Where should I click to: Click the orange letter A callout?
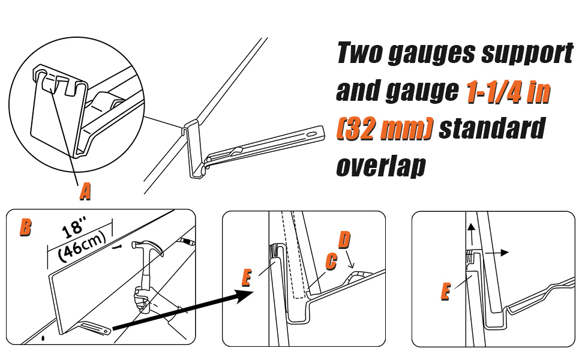point(86,191)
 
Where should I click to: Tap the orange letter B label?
point(26,227)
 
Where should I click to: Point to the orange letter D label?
point(344,240)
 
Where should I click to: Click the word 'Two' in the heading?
point(359,54)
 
